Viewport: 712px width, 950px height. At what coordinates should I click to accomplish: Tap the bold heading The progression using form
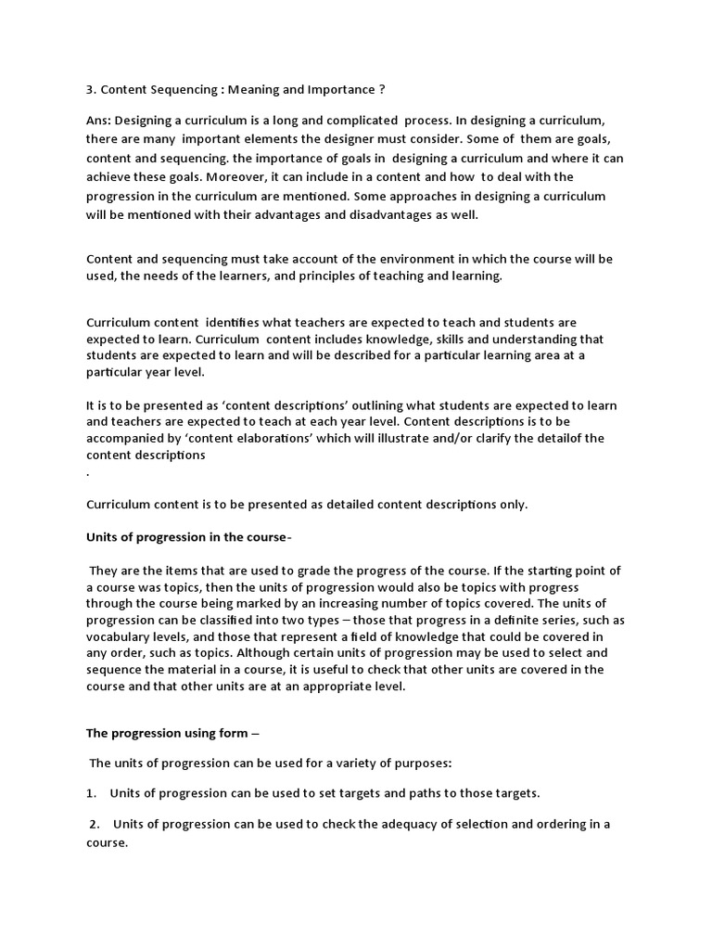168,733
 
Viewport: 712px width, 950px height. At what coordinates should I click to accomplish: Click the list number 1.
92,793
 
